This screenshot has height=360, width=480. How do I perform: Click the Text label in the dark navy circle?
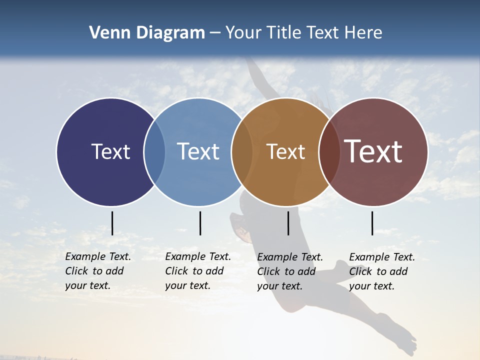pos(110,151)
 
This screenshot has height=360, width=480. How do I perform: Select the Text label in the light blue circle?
pos(198,151)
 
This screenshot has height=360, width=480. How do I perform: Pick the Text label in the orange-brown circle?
pos(285,151)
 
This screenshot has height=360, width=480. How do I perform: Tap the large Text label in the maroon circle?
pos(373,151)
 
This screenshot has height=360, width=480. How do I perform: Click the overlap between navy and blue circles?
pos(154,151)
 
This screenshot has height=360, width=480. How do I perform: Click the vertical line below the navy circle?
pos(112,223)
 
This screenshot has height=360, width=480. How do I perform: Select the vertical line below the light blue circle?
pos(200,223)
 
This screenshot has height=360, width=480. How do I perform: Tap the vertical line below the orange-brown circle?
pos(288,223)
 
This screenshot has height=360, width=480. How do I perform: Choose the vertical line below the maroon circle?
pos(372,223)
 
